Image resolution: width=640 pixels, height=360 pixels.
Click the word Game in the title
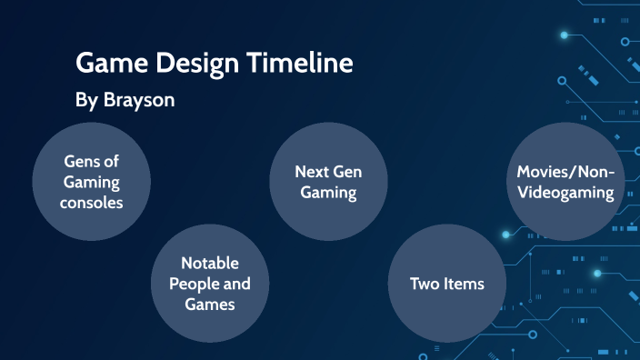107,63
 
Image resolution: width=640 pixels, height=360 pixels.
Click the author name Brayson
139,99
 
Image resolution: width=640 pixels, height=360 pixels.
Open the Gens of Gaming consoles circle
91,181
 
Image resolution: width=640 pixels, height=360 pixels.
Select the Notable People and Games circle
210,283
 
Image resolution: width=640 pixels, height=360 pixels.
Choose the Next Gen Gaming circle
328,181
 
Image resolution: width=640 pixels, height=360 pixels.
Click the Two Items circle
446,283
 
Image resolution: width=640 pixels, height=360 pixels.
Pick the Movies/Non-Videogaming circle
565,181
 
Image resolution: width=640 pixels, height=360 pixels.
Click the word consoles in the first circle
91,202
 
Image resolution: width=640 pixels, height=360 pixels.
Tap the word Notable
210,263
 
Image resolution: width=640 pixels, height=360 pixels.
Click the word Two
424,284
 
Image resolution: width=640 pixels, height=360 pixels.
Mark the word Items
464,284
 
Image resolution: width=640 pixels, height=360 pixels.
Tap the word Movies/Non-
565,171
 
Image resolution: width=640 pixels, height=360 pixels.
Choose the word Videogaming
565,192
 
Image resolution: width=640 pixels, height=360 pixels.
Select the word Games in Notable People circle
210,305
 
